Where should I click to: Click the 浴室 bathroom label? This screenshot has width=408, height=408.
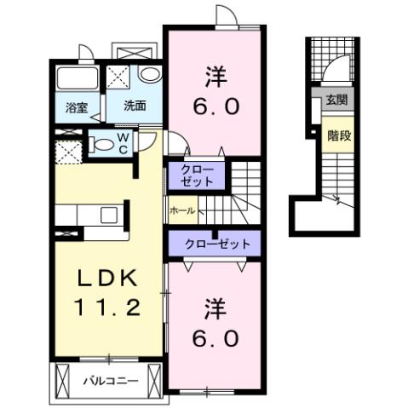tap(77, 107)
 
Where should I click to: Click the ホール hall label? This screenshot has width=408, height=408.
tap(183, 210)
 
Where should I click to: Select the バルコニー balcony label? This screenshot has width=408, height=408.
tap(110, 381)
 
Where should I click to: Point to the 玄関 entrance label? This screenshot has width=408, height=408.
tap(335, 100)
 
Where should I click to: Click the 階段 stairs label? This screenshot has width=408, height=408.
tap(335, 134)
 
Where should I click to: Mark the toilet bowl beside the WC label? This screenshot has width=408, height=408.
tap(101, 144)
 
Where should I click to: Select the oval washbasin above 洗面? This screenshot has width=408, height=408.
tap(149, 76)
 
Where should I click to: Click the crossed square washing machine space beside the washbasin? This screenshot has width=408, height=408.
tap(120, 77)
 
